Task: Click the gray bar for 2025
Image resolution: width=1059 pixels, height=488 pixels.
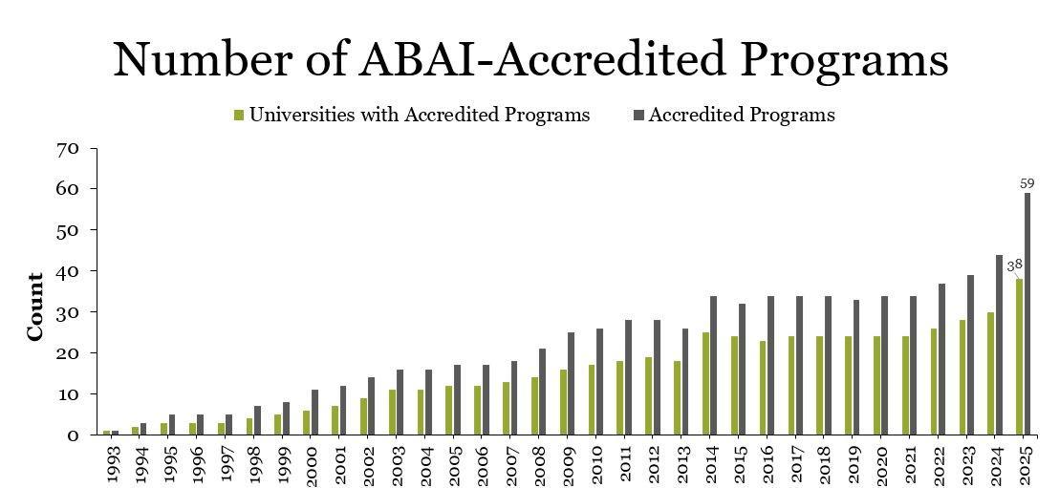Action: click(x=1027, y=314)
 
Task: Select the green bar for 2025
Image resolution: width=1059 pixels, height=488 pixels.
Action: click(x=1019, y=357)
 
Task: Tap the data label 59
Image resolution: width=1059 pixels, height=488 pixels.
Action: click(x=1028, y=181)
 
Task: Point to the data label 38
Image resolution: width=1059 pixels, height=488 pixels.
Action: click(x=1014, y=265)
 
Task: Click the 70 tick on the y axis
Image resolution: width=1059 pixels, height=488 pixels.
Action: click(x=67, y=149)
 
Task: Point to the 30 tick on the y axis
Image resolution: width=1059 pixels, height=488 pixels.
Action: click(x=67, y=312)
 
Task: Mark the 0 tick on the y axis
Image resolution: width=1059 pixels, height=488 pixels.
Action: click(x=72, y=435)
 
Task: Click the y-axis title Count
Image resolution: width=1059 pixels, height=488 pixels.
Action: click(x=35, y=307)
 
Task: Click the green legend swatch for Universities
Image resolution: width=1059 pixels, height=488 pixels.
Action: click(x=239, y=116)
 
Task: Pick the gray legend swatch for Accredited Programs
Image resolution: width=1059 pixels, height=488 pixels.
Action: click(x=638, y=116)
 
